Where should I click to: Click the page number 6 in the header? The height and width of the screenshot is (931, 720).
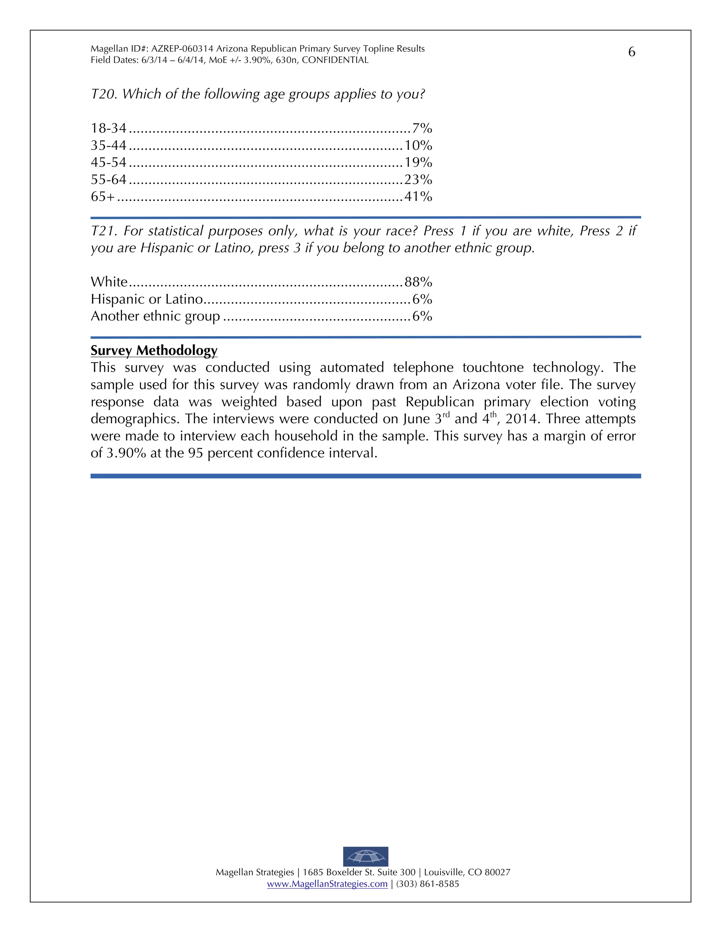(631, 52)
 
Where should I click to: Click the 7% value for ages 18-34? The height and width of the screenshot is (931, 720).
(422, 128)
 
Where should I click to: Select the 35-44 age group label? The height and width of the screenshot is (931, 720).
(108, 145)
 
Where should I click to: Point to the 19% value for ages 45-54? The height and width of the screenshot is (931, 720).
(418, 162)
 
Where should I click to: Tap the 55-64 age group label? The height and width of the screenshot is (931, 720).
(108, 180)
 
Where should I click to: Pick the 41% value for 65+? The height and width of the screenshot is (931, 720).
(418, 196)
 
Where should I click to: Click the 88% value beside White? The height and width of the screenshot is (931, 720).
(418, 282)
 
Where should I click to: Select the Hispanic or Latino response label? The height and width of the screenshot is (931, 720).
(147, 299)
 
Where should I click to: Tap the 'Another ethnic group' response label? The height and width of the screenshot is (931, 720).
(155, 316)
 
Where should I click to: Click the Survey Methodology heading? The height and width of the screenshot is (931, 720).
(154, 350)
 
